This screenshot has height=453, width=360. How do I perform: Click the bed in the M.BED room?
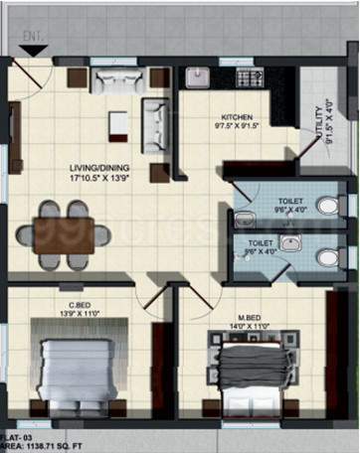pos(256,369)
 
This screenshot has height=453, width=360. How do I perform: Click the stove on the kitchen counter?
pos(249,76)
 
